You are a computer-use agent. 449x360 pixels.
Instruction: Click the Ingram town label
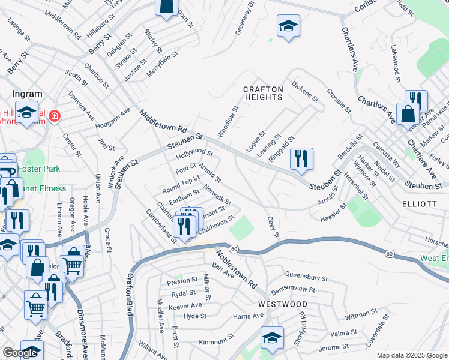pos(28,94)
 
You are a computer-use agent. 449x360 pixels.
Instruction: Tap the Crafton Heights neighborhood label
pos(262,93)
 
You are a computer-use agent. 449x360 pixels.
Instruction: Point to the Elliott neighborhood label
pos(420,204)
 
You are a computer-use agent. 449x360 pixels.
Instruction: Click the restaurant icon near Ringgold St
pos(301,158)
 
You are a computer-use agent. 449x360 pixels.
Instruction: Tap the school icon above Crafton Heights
pos(288,26)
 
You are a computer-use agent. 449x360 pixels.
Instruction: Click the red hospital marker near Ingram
pos(55,115)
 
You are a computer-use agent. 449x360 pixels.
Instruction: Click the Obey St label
pos(273,226)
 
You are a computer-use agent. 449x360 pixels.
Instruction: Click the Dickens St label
pos(305,91)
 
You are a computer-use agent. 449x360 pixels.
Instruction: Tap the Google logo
pos(20,353)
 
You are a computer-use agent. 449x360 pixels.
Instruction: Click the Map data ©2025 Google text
pos(412,355)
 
